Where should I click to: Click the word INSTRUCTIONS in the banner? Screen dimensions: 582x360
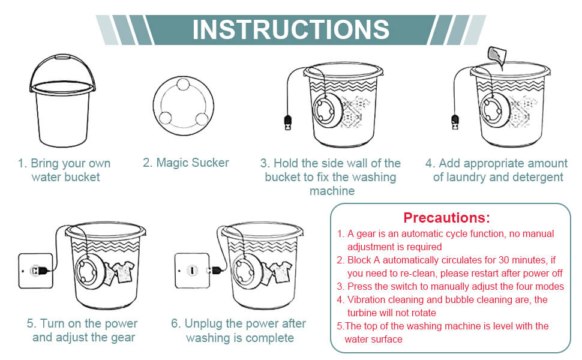coord(291,29)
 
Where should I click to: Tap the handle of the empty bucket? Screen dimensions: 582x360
coord(62,58)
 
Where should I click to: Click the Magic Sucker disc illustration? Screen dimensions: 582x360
coord(184,106)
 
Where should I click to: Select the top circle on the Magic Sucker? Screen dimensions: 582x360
coord(183,84)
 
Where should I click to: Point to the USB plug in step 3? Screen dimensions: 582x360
coord(287,122)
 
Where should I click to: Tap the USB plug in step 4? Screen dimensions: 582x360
coord(455,122)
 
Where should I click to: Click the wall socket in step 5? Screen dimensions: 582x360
coord(35,271)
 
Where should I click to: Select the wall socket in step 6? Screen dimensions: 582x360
coord(192,270)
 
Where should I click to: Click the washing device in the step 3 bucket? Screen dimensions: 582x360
coord(328,110)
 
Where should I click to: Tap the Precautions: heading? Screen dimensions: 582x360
coord(446,217)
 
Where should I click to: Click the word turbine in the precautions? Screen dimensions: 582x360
coord(362,313)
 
